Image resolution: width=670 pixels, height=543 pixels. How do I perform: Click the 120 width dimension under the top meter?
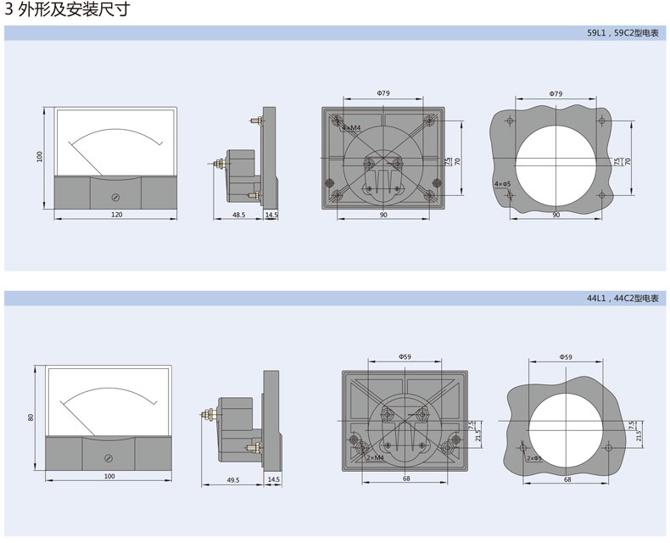click(x=117, y=215)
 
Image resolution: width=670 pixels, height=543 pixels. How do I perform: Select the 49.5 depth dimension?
click(x=233, y=479)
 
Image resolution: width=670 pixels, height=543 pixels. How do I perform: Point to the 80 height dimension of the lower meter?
click(x=31, y=417)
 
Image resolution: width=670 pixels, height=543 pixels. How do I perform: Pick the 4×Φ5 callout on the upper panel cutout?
click(x=503, y=184)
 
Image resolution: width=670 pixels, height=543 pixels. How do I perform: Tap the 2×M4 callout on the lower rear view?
click(x=375, y=457)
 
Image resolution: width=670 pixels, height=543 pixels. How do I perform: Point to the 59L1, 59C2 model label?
click(x=622, y=33)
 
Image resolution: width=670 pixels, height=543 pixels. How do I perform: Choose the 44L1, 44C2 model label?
click(x=622, y=299)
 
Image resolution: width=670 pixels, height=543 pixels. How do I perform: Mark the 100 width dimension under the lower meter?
click(x=109, y=477)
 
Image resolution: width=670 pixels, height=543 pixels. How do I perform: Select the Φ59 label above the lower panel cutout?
click(x=567, y=356)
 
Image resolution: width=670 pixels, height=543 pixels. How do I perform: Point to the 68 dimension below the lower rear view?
click(x=407, y=479)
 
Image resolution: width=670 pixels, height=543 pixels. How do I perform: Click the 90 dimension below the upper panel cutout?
click(x=556, y=216)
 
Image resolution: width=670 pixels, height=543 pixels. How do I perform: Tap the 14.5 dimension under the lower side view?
click(x=273, y=479)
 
